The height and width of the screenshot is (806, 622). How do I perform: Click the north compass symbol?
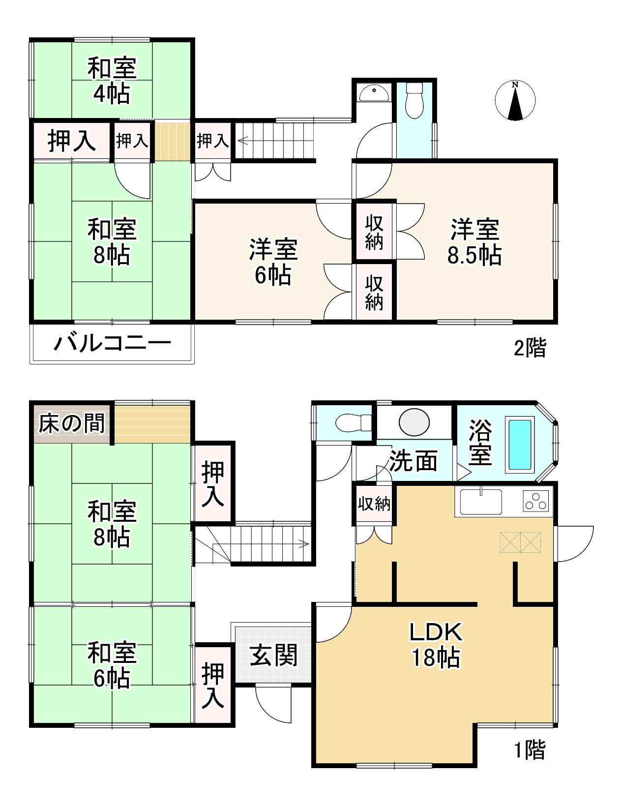[x=515, y=101]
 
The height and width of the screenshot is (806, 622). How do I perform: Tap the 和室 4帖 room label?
[x=112, y=81]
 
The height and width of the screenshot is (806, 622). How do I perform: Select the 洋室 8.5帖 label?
[x=474, y=242]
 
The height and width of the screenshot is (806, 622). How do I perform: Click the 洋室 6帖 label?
[x=273, y=262]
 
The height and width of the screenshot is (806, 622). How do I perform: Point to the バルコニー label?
[x=112, y=343]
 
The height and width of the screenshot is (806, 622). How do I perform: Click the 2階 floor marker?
[x=530, y=349]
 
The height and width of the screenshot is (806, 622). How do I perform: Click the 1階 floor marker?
[x=530, y=750]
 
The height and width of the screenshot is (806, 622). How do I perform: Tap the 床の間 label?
[x=72, y=423]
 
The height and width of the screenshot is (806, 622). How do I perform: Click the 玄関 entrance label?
[x=273, y=655]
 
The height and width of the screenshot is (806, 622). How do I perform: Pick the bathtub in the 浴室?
[x=520, y=444]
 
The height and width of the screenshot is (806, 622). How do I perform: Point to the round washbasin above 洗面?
[x=414, y=421]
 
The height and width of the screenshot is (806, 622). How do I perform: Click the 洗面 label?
[x=414, y=461]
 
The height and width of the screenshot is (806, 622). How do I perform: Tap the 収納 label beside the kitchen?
[x=374, y=504]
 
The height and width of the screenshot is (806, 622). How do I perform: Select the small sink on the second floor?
[x=374, y=92]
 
